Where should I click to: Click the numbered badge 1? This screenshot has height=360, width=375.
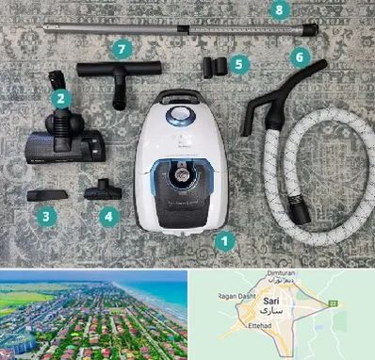[224, 240]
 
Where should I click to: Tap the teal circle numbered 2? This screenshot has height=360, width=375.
[59, 97]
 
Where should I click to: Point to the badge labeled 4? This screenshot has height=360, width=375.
[110, 216]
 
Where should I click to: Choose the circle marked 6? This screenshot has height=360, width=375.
[299, 57]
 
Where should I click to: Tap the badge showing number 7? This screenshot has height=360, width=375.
[120, 46]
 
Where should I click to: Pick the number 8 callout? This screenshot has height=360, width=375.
[277, 10]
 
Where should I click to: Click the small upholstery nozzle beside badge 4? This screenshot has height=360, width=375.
[104, 193]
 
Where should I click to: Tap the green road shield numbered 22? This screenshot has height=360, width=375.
[356, 301]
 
